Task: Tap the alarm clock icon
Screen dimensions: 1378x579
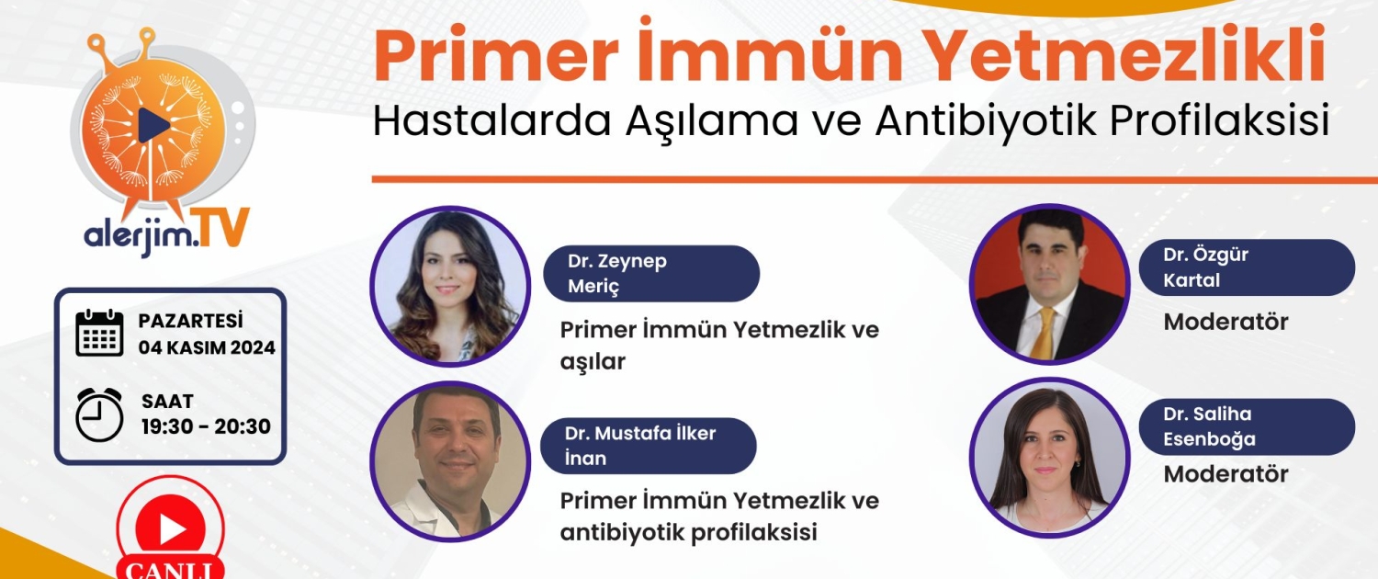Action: click(x=99, y=414)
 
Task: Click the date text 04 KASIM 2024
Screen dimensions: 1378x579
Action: click(x=207, y=347)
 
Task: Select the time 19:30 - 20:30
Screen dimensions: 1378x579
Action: click(x=206, y=426)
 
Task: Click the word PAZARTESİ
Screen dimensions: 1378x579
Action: click(x=191, y=321)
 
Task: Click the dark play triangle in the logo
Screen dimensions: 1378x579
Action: click(x=152, y=126)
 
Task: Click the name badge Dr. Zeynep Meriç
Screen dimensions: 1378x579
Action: click(x=651, y=274)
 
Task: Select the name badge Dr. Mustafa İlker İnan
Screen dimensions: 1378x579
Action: click(x=649, y=446)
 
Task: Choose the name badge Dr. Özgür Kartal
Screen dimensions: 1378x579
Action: click(x=1247, y=267)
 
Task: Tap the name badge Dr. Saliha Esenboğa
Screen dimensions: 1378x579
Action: click(x=1247, y=427)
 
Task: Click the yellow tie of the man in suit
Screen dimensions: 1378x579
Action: click(x=1044, y=333)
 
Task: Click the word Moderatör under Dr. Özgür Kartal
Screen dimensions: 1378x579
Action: click(x=1226, y=322)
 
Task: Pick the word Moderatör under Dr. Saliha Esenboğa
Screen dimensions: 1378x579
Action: click(x=1226, y=474)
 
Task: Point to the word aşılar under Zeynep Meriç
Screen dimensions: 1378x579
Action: click(x=593, y=361)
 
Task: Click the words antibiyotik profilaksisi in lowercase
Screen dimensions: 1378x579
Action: click(x=688, y=532)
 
